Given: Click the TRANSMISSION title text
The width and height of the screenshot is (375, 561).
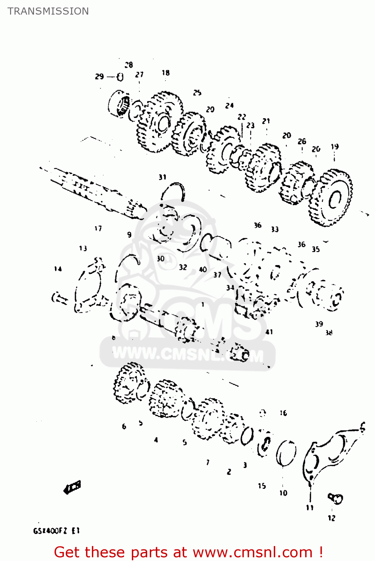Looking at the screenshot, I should tap(48, 11).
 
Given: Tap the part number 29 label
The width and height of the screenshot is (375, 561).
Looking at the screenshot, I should tap(99, 77).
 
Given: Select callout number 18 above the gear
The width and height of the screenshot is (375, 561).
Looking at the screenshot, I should tap(165, 73).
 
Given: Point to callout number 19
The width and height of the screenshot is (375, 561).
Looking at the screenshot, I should tap(335, 147).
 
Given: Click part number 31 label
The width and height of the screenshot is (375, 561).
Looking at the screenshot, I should tap(162, 177).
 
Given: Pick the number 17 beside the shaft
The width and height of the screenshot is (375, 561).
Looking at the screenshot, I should tap(98, 228).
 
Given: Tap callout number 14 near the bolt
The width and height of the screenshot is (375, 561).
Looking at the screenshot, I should tap(58, 269).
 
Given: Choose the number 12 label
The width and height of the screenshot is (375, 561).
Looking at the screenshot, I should tap(331, 518).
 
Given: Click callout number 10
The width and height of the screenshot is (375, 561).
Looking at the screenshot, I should tap(283, 493).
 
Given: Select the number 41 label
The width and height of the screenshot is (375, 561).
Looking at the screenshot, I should tap(269, 332).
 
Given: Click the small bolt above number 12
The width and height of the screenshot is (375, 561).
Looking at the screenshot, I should tap(335, 498).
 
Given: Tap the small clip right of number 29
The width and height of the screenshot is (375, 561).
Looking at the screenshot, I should tap(120, 77).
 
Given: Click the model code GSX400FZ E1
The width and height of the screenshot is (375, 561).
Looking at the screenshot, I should tap(56, 531).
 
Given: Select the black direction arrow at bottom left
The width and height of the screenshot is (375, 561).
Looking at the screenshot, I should tap(72, 487).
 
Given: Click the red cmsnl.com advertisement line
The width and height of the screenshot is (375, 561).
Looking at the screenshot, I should tap(188, 552).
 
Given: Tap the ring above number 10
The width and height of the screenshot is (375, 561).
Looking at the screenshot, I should tap(286, 453).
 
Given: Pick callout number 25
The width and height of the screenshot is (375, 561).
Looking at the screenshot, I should tap(197, 92).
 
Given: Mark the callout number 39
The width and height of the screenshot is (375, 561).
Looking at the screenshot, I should tap(319, 324).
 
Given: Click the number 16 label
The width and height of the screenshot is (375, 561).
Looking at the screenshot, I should tap(283, 413).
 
